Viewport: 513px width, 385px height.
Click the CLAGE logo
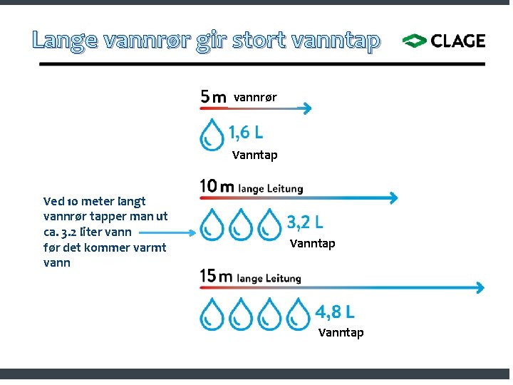coord(444,41)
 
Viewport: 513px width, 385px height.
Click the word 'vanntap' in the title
coord(335,41)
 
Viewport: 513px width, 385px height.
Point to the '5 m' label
coord(214,96)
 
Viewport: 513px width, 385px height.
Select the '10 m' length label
coord(217,188)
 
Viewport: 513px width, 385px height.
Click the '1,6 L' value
coord(245,132)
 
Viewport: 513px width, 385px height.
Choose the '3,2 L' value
coord(305,222)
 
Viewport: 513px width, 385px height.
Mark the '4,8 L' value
coord(335,312)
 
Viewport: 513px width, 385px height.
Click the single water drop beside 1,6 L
coord(212,135)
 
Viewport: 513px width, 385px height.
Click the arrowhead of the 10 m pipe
coord(393,198)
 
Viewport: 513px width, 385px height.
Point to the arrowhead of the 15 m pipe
coord(480,288)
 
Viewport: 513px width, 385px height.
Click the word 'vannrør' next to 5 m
coord(255,97)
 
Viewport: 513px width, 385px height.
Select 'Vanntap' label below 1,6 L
coord(254,155)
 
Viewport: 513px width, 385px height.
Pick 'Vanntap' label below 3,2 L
coord(312,244)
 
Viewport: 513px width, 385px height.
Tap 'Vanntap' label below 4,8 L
coord(341,332)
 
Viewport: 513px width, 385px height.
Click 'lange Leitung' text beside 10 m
coord(270,189)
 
